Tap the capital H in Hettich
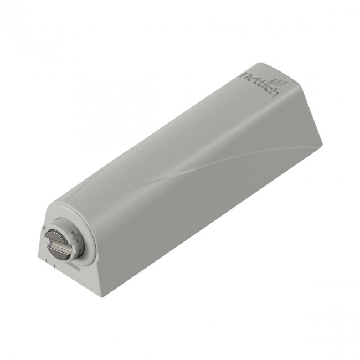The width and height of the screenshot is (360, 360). pyautogui.click(x=244, y=75)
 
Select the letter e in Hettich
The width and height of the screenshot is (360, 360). pyautogui.click(x=250, y=79)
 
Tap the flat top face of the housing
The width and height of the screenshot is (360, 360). pyautogui.click(x=166, y=138)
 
